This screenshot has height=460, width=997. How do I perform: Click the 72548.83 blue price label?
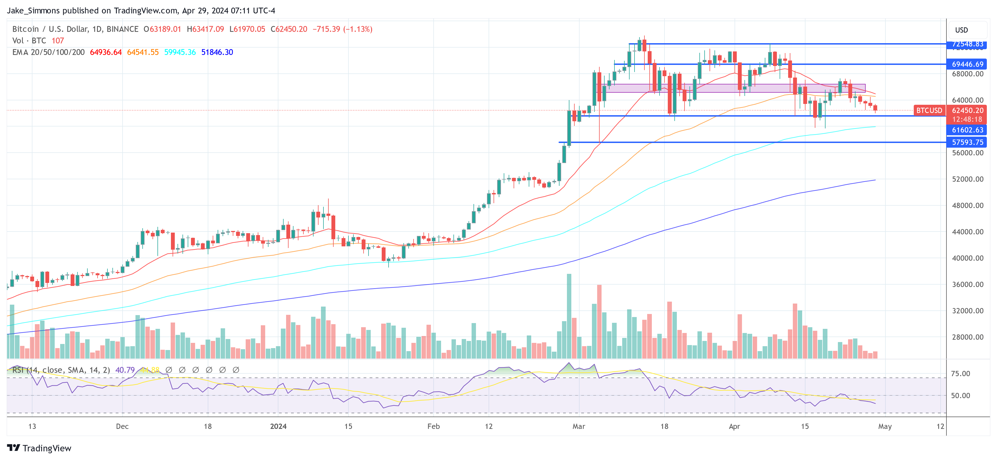(967, 44)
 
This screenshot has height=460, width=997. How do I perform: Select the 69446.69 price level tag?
(967, 64)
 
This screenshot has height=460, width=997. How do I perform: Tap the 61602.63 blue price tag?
(967, 130)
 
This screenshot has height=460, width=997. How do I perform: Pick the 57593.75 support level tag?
(967, 142)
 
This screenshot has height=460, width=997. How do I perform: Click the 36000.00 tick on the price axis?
(967, 285)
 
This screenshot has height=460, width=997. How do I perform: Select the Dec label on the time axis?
(122, 426)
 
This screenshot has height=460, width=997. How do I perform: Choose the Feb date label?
(433, 426)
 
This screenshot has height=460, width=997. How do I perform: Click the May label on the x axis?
(885, 426)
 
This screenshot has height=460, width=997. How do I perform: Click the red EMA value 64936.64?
(106, 52)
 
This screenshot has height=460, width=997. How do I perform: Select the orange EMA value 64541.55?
(143, 52)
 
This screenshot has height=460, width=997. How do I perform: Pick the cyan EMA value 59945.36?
(180, 52)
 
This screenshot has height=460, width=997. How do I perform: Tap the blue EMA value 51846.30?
(217, 52)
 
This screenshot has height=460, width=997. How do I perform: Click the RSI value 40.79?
(125, 370)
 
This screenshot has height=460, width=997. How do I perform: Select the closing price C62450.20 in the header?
(289, 29)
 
